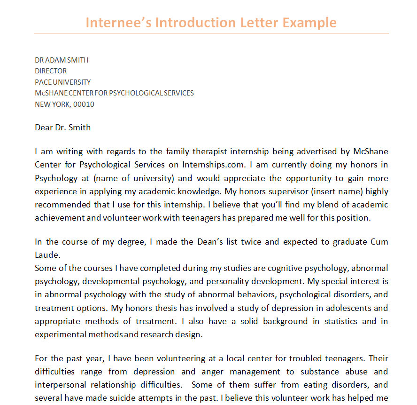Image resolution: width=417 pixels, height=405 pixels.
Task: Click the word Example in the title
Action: pyautogui.click(x=309, y=23)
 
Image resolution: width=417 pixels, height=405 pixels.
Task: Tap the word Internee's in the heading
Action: pyautogui.click(x=118, y=23)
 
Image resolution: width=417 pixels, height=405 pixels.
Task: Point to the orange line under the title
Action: pyautogui.click(x=211, y=33)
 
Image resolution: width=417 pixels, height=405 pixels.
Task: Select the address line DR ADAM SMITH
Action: pyautogui.click(x=62, y=60)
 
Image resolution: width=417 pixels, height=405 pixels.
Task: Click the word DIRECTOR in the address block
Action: pyautogui.click(x=51, y=71)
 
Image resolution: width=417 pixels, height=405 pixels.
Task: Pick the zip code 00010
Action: pyautogui.click(x=84, y=104)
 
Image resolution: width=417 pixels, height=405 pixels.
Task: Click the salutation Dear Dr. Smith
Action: pyautogui.click(x=62, y=127)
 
